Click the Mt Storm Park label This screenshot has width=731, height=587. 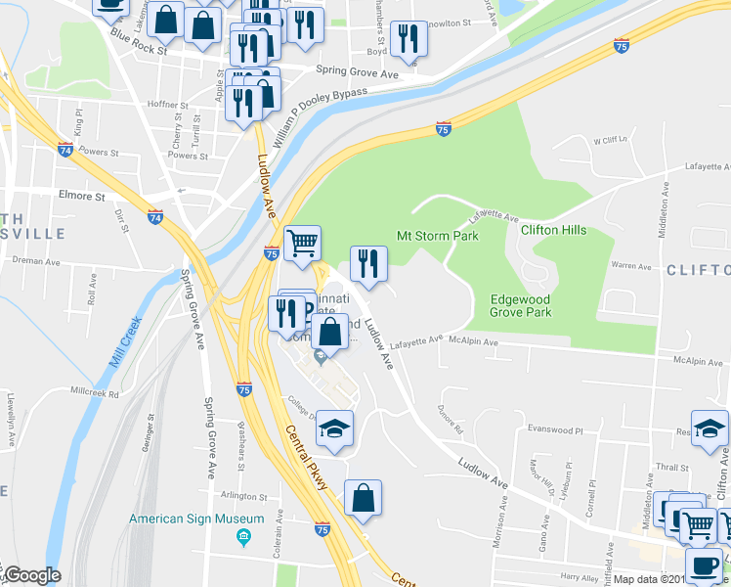tap(437, 236)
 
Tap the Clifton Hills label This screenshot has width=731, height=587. tap(553, 229)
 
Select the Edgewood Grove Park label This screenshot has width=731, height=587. tap(521, 305)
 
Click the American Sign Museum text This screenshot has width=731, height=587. tap(196, 519)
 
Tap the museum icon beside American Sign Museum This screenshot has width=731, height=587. tap(244, 536)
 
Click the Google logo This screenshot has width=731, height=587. tap(31, 576)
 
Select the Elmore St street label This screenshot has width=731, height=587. tap(81, 196)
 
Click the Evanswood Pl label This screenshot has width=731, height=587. tap(555, 429)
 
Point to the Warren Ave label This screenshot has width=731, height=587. tap(630, 265)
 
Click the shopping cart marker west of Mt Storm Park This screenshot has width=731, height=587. tap(303, 244)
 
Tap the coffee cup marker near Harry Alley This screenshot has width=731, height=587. tap(703, 565)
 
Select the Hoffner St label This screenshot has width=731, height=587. tap(167, 105)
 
